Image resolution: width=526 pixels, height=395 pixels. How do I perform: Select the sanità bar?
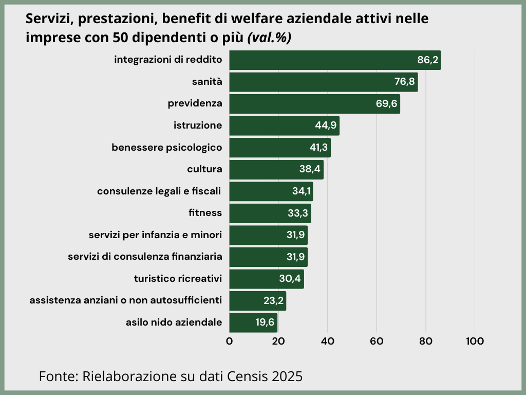(323, 82)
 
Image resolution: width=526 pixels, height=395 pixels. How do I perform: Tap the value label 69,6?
(386, 104)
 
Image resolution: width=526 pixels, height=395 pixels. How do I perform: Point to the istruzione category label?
(198, 125)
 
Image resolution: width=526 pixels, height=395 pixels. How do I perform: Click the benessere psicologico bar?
(280, 148)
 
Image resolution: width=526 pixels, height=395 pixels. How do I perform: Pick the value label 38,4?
(310, 169)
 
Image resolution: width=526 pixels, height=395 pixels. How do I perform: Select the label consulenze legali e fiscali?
(159, 191)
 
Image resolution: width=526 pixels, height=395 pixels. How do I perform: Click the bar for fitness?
(270, 213)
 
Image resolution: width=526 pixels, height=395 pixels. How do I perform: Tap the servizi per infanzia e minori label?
(155, 235)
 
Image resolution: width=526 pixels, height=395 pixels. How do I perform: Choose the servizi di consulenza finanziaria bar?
(268, 257)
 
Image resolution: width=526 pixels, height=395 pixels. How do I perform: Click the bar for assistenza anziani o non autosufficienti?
(257, 300)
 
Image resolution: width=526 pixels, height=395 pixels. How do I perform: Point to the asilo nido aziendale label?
(174, 322)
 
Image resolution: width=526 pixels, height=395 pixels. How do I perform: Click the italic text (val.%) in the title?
(269, 38)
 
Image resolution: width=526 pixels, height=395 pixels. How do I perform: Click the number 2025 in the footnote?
(288, 376)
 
